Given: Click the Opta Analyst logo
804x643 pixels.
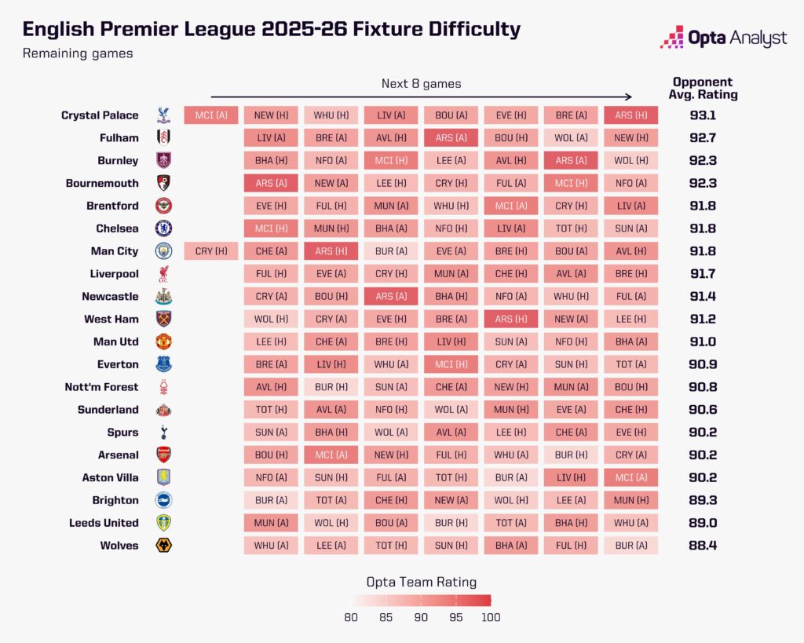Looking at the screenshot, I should tap(723, 37).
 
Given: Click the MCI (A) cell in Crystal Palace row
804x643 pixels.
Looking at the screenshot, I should tap(211, 115).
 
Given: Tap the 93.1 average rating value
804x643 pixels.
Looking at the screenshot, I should tap(703, 115).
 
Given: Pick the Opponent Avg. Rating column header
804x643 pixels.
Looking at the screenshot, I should tap(703, 88).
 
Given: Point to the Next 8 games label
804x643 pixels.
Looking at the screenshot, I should tap(422, 83).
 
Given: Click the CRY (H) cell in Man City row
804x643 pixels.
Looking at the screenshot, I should tap(211, 251).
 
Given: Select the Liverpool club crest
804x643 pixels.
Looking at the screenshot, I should tap(163, 274).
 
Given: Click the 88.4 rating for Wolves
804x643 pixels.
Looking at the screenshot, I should tap(703, 546).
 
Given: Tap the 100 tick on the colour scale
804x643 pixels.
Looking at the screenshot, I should tap(491, 617).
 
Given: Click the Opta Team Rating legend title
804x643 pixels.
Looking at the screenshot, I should tap(422, 582).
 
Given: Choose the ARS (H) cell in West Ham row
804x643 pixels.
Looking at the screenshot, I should tap(511, 320).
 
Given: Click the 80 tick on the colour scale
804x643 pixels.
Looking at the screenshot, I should tap(351, 617).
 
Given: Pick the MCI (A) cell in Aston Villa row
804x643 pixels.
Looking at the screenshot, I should tap(631, 477).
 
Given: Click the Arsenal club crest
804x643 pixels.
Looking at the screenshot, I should tap(163, 455).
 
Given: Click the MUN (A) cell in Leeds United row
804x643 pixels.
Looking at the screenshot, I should tap(270, 523).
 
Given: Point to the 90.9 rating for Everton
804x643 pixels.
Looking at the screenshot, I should tap(703, 364).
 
